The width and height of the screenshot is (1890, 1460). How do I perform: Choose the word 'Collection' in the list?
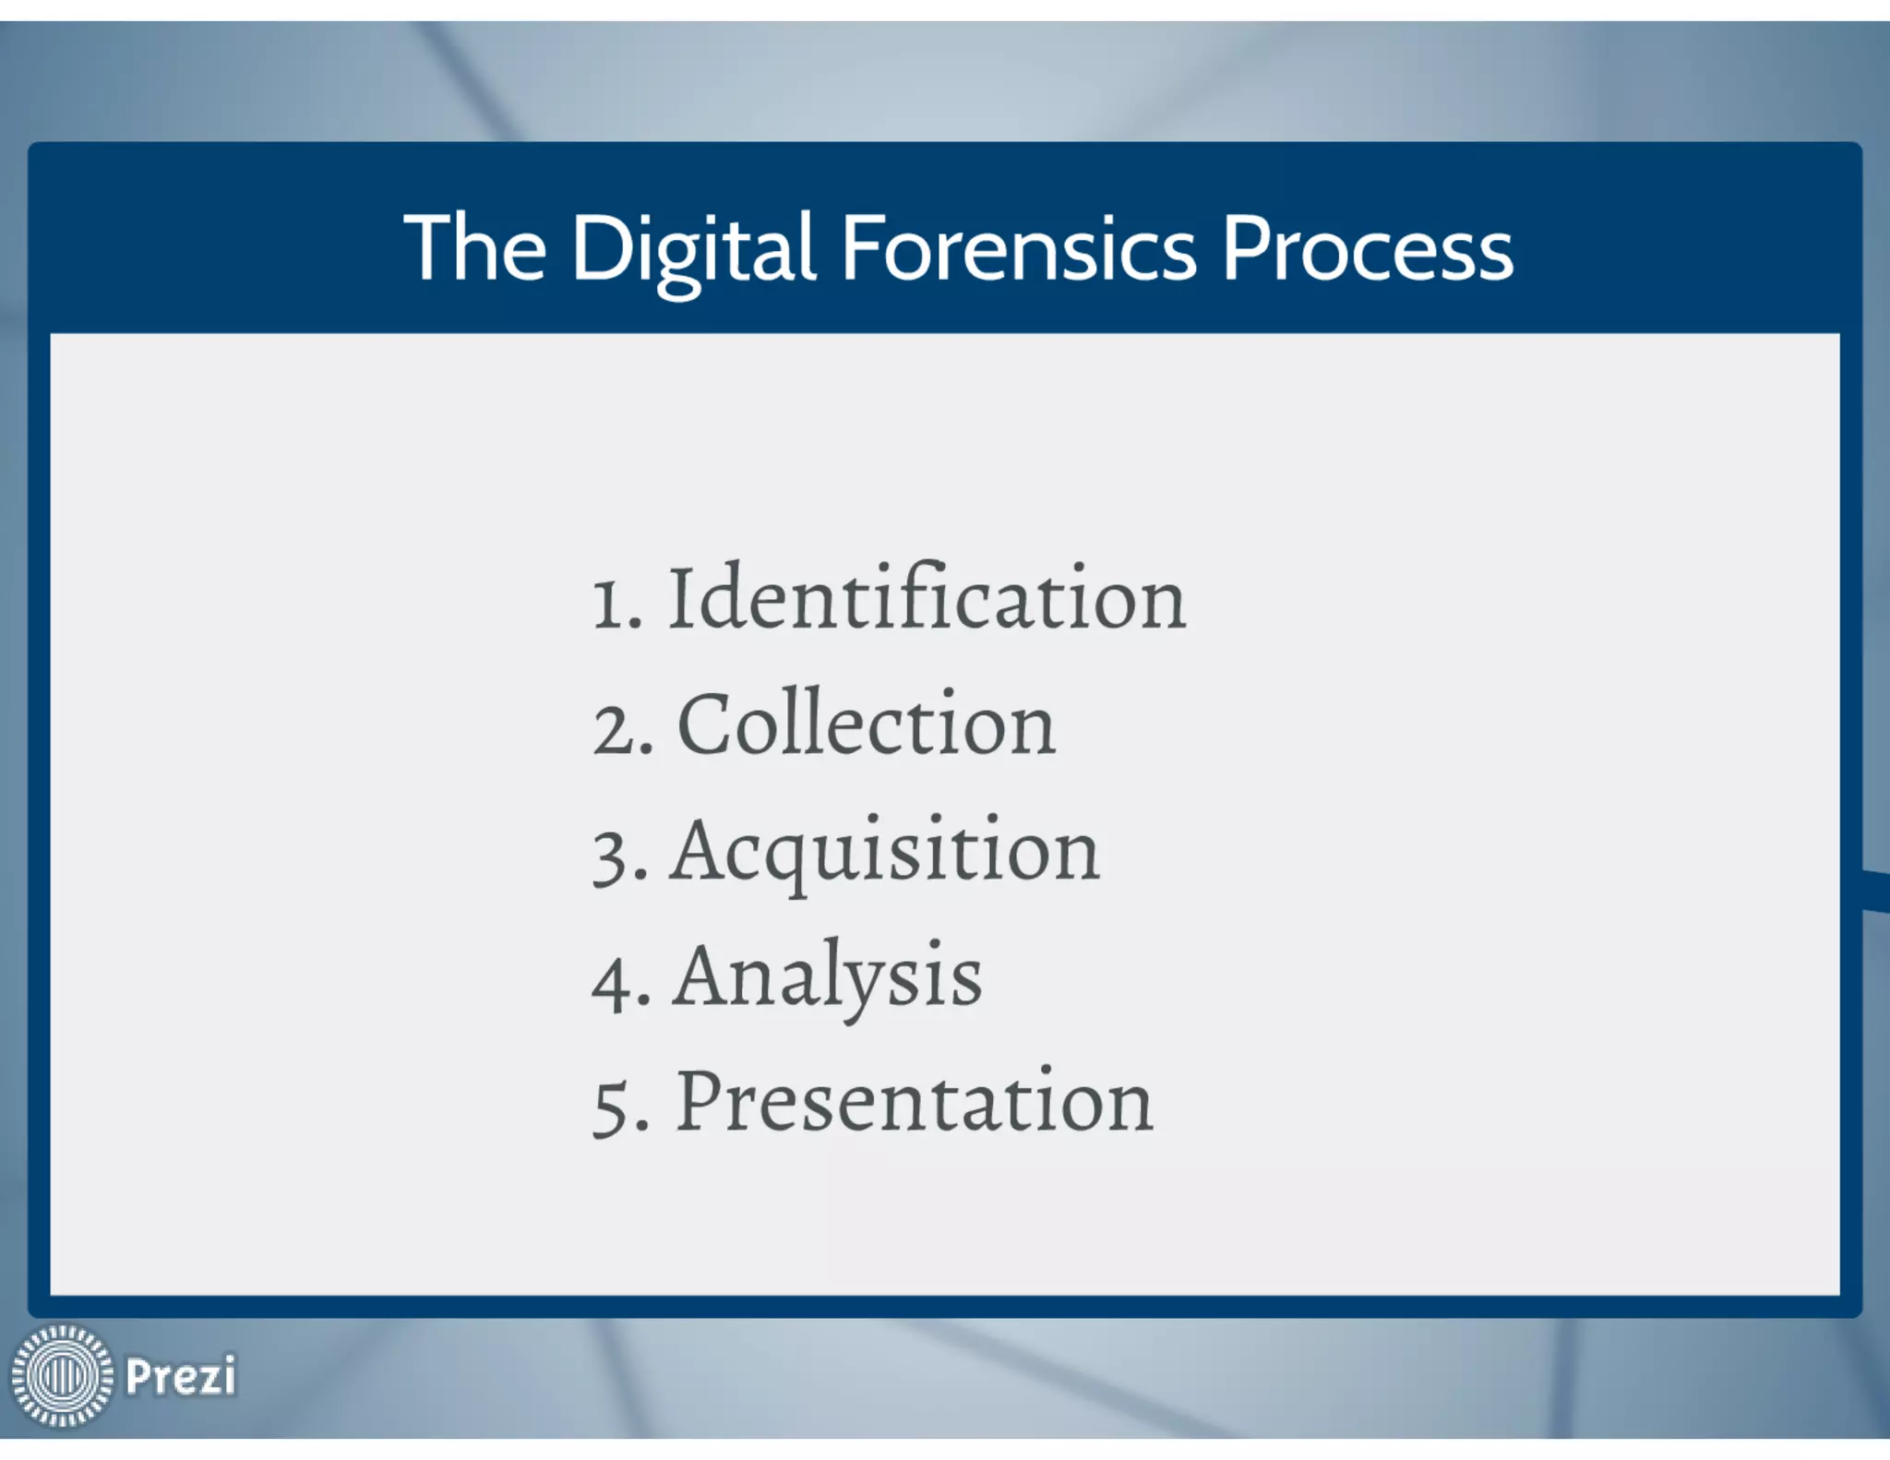click(867, 725)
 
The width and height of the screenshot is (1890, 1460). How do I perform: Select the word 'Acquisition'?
click(885, 853)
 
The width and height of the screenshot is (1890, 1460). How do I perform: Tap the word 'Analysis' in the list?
click(828, 977)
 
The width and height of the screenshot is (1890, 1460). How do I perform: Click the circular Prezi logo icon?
click(61, 1375)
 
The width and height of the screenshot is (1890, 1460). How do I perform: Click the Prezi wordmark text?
click(181, 1376)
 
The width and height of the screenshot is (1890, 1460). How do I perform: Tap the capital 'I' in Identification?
click(680, 598)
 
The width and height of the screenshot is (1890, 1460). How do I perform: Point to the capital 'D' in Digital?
click(601, 247)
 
